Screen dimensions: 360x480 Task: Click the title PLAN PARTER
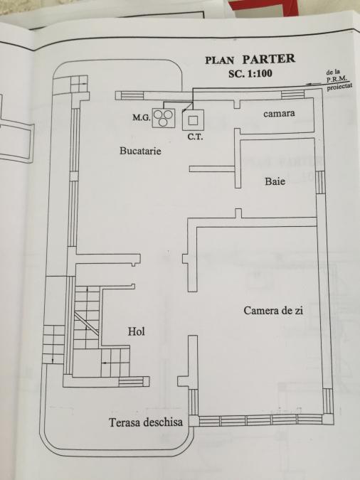250,59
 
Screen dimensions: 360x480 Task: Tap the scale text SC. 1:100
250,73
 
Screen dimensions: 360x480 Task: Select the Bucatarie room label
140,151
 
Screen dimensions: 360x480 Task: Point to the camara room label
279,113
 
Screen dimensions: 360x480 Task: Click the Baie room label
275,181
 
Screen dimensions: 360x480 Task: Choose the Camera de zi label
273,311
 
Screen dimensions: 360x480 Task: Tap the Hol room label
137,331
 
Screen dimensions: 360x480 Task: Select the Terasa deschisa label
146,422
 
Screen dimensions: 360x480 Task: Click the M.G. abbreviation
141,117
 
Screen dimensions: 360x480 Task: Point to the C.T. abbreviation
195,137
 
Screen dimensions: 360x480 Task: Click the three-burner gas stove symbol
164,118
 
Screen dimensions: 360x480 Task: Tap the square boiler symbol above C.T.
193,120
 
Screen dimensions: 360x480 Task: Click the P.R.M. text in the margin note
337,80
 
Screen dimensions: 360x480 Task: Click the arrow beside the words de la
315,83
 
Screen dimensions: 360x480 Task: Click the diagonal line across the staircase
86,324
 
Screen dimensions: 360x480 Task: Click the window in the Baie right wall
320,182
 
